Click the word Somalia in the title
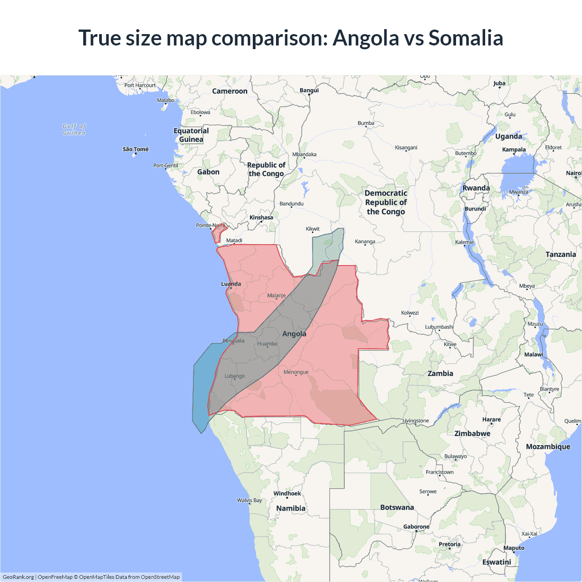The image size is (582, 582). point(466,38)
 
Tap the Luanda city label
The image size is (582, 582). point(231,284)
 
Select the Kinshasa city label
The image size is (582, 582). point(261,217)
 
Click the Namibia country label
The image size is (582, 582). point(291,508)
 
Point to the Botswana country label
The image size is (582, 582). point(397,507)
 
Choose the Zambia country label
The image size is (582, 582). point(440,373)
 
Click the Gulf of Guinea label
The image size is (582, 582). point(74,129)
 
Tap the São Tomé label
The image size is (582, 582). point(135,149)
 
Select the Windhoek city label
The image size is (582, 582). point(287,493)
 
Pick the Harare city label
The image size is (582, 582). point(491,419)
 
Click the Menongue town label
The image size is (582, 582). point(296,372)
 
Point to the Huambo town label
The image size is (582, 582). point(267,344)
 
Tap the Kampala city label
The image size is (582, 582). point(514,149)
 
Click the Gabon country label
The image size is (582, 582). point(208,172)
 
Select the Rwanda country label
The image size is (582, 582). point(476,188)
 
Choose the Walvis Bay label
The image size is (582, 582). point(249,500)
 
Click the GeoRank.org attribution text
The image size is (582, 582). point(18,577)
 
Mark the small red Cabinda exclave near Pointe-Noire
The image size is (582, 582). point(218,233)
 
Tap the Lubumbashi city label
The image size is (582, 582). point(439,327)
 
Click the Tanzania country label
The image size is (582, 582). point(561,254)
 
